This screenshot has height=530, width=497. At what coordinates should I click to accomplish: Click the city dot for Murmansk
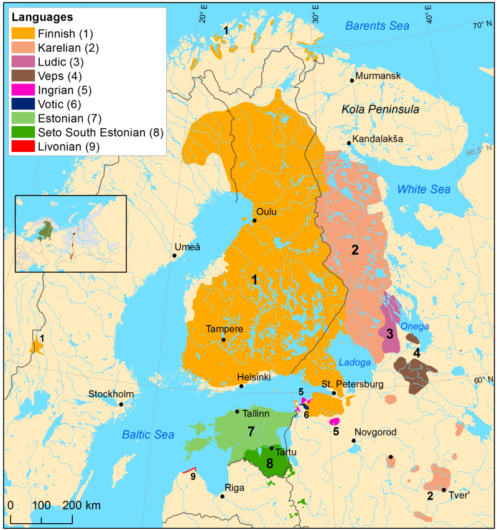(x=352, y=80)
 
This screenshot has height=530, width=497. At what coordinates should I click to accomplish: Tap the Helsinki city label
(x=254, y=377)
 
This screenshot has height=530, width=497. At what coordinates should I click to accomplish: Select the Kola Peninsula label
(x=380, y=110)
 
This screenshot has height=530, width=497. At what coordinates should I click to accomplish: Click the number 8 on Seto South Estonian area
(x=269, y=463)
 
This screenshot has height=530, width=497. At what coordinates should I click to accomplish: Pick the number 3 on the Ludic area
(x=389, y=334)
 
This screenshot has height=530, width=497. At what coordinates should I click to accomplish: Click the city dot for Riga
(x=223, y=496)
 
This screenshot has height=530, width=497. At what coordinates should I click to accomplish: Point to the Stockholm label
(x=111, y=394)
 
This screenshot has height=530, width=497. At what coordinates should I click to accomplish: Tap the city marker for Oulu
(x=254, y=220)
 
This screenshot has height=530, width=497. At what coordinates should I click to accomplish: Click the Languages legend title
(x=42, y=17)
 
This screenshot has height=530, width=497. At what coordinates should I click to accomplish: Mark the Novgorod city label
(x=375, y=432)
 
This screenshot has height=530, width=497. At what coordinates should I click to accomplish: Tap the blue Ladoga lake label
(x=355, y=362)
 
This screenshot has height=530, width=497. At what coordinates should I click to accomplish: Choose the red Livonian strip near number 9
(x=190, y=470)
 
